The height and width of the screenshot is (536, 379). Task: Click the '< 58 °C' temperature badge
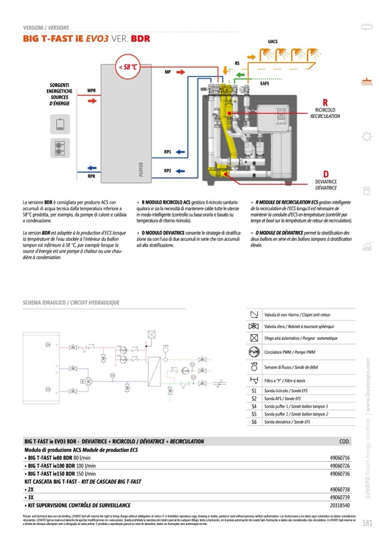pos(127,67)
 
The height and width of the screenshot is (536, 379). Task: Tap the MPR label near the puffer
pos(92,90)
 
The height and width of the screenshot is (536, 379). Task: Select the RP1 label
pos(168,151)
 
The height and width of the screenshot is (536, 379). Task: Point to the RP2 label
pos(168,170)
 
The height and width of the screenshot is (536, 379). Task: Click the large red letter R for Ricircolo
pos(325,102)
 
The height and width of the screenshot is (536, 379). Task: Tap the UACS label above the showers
pos(273,42)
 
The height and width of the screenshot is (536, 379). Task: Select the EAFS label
pos(265,84)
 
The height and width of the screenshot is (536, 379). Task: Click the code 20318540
pos(340,505)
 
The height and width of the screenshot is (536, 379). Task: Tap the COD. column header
pos(345,442)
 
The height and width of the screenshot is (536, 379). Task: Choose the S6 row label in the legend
pos(254,422)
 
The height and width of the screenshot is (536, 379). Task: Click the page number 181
pos(367,524)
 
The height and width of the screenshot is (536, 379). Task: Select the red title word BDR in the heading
pos(140,39)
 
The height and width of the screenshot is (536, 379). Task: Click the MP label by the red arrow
pos(168,72)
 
